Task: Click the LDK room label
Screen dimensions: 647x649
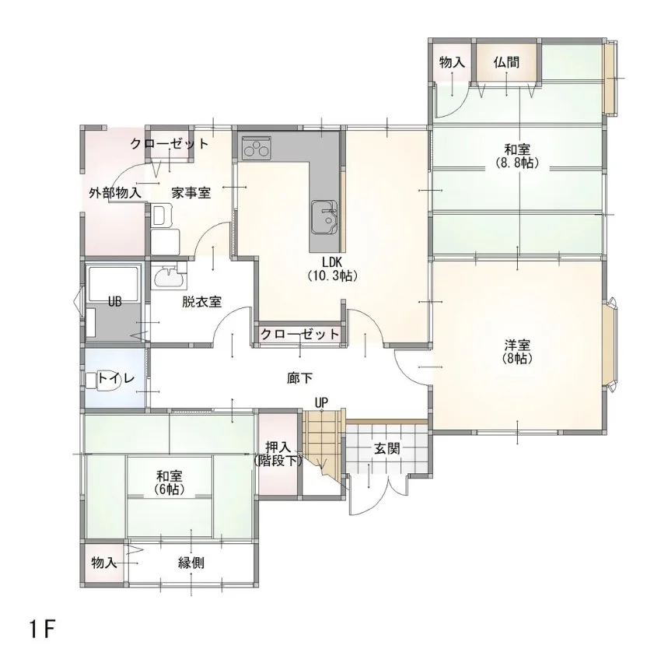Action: pyautogui.click(x=332, y=268)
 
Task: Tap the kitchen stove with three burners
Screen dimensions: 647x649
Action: pyautogui.click(x=257, y=147)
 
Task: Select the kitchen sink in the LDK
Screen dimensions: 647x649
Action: pyautogui.click(x=325, y=217)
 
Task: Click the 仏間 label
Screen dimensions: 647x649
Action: pyautogui.click(x=506, y=62)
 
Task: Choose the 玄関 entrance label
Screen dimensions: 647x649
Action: pyautogui.click(x=386, y=448)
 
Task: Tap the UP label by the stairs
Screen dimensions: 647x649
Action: pyautogui.click(x=321, y=402)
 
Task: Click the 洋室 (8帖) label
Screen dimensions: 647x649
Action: pyautogui.click(x=517, y=352)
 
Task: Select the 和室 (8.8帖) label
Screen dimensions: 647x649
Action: pyautogui.click(x=517, y=156)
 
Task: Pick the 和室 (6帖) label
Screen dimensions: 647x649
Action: pyautogui.click(x=170, y=482)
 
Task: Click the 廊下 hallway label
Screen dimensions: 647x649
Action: pyautogui.click(x=300, y=378)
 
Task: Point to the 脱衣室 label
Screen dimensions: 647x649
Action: pyautogui.click(x=202, y=302)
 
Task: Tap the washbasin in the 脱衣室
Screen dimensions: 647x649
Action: pyautogui.click(x=170, y=277)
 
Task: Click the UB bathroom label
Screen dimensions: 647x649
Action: pyautogui.click(x=114, y=302)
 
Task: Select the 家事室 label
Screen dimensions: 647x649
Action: pyautogui.click(x=191, y=192)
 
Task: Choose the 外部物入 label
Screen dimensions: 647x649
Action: pyautogui.click(x=115, y=192)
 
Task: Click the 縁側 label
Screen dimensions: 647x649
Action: pyautogui.click(x=191, y=563)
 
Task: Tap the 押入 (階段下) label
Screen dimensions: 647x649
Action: pyautogui.click(x=278, y=454)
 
